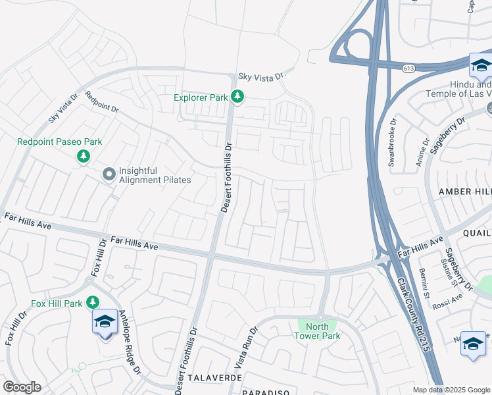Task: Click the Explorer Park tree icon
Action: (237, 97)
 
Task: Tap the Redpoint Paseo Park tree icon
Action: (83, 156)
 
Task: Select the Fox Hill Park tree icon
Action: (93, 302)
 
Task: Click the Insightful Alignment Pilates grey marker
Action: (109, 174)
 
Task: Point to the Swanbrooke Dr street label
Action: (393, 142)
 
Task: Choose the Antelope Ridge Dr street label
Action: (128, 342)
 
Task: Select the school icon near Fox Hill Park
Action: (105, 323)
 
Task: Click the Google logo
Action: (22, 387)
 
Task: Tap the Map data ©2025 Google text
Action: (451, 390)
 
